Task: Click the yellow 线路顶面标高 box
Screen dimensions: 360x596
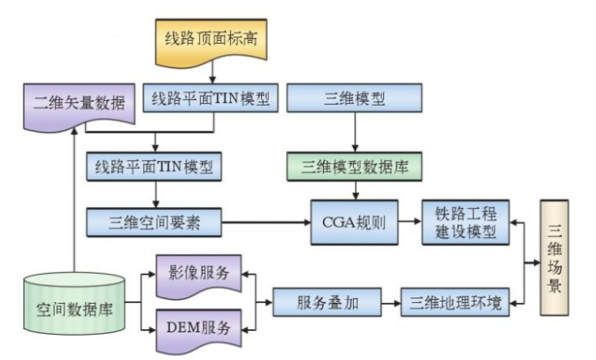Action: point(212,39)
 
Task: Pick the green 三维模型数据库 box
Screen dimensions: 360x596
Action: point(355,167)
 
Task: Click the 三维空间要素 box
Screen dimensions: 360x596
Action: point(154,221)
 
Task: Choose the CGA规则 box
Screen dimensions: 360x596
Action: point(355,221)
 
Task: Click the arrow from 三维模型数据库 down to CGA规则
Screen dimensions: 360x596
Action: point(355,192)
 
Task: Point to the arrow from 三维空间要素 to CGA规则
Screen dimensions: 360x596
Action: point(266,221)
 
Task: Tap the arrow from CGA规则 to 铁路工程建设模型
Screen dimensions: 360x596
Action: point(410,221)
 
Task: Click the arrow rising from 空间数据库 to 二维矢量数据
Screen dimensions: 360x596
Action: point(74,203)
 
